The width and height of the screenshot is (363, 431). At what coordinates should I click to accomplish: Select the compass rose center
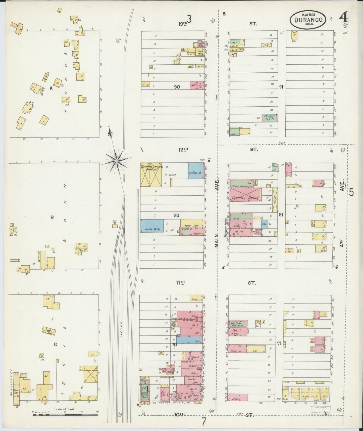point(117,160)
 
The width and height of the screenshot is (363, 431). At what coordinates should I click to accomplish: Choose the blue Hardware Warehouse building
point(152,226)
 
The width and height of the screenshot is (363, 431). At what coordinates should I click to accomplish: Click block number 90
point(177,87)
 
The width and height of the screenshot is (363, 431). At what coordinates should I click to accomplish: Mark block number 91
point(281,87)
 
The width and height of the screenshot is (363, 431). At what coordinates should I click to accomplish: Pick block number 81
point(281,215)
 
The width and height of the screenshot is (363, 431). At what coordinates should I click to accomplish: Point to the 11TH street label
point(180,283)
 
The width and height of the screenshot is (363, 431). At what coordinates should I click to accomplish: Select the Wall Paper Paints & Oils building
point(238,323)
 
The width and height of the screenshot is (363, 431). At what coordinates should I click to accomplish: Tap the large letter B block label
point(52,218)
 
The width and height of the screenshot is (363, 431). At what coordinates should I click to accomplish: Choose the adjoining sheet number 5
point(351,192)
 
